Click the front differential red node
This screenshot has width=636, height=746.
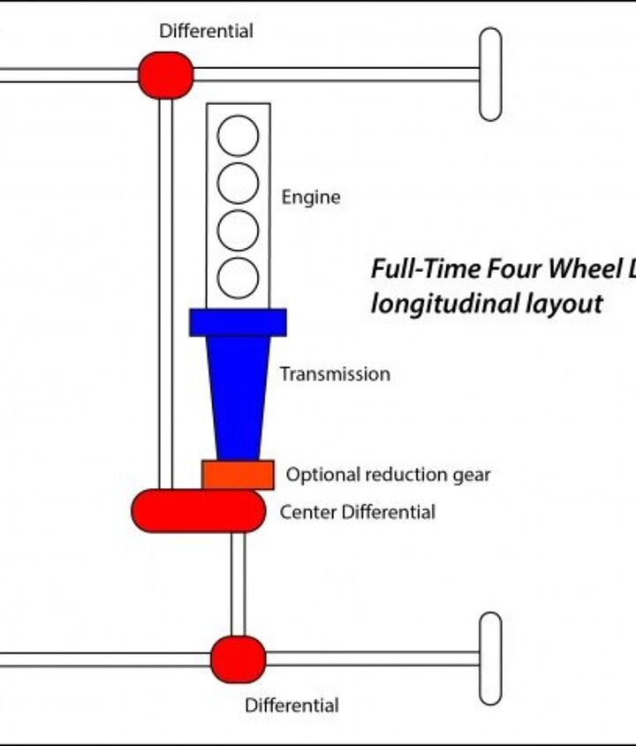(165, 75)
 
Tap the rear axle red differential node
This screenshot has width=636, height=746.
(238, 659)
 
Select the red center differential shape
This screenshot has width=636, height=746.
(198, 510)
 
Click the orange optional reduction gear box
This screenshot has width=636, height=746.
(238, 474)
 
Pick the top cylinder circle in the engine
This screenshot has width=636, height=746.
(238, 136)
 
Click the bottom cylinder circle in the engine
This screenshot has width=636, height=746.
(238, 277)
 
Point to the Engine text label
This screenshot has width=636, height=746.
(310, 197)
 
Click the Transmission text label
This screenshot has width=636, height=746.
(335, 374)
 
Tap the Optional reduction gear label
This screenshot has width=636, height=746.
(388, 475)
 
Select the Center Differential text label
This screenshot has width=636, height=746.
(357, 512)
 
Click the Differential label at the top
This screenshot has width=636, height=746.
(206, 31)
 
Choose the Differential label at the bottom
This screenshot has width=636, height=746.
(291, 705)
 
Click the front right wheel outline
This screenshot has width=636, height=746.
(490, 74)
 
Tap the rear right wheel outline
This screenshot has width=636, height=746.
(490, 658)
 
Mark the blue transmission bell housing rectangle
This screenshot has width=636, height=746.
(238, 322)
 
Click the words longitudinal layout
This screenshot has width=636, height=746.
(487, 304)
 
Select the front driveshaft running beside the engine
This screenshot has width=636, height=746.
(165, 291)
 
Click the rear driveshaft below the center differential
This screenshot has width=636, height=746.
(238, 583)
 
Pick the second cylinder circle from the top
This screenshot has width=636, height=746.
(238, 183)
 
